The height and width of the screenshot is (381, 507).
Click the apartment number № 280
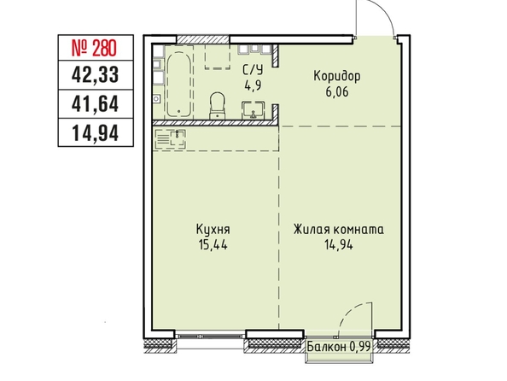93,48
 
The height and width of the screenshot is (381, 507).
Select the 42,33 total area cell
95,75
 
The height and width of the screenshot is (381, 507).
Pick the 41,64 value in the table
95,104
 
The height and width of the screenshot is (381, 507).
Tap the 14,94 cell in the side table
96,133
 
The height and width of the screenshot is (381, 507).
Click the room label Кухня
213,230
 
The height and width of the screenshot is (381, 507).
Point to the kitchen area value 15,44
213,245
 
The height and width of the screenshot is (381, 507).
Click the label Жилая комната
339,230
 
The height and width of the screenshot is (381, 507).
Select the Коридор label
337,77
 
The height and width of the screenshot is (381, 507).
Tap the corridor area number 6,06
337,92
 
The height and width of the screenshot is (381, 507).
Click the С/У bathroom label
253,70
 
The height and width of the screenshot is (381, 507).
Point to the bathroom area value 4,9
253,86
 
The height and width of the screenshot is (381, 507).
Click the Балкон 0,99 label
338,347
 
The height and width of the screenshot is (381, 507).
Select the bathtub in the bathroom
179,84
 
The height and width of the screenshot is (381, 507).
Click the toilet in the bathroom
217,105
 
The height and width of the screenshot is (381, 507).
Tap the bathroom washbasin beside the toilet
253,110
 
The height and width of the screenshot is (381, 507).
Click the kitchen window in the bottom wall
209,335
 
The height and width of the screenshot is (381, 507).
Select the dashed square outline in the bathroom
218,56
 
